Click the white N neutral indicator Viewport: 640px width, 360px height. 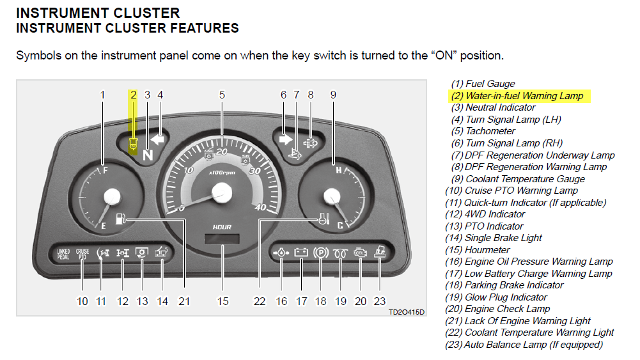[148, 153]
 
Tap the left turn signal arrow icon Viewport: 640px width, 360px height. [157, 138]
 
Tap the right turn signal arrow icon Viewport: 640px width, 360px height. [285, 138]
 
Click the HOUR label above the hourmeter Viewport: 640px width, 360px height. [222, 227]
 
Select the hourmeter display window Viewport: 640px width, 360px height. [222, 240]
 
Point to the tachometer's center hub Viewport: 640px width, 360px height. [222, 191]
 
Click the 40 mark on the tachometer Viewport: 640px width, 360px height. [260, 208]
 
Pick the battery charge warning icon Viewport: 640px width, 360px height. [300, 253]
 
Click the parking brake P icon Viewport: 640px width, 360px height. [321, 253]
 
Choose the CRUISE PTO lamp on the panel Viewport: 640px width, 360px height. [82, 253]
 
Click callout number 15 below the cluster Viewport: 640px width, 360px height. [222, 301]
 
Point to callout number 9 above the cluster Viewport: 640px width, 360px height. [333, 95]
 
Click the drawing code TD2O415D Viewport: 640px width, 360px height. [406, 312]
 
